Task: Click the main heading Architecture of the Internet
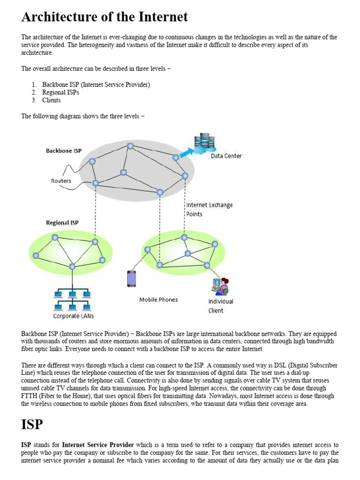pos(105,17)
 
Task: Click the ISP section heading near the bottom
pos(32,425)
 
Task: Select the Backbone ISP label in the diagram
pos(64,151)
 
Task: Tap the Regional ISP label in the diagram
pos(62,223)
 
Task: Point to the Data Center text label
pos(226,156)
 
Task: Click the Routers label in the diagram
pos(61,181)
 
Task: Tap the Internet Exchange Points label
pos(209,209)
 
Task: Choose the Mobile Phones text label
pos(158,300)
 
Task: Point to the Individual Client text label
pos(220,306)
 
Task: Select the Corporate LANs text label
pos(73,316)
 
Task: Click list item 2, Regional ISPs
pos(60,92)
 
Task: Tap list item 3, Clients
pos(51,100)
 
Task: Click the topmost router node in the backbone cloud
pos(130,146)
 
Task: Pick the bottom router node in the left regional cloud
pos(72,266)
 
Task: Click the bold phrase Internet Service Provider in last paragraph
pos(98,444)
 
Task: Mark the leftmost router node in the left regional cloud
pos(36,255)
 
